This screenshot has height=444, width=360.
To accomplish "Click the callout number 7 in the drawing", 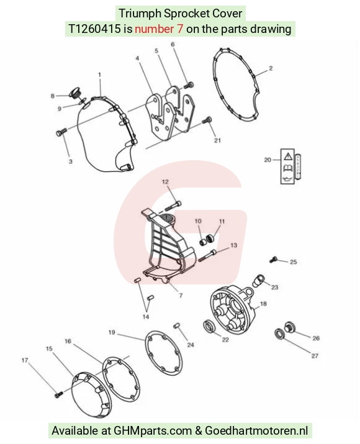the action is [181, 296].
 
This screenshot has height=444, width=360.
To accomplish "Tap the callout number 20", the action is [268, 160].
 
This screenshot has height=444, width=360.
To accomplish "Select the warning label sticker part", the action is [290, 166].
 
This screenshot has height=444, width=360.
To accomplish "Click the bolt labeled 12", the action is [173, 206].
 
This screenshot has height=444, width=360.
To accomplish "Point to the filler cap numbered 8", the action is [75, 93].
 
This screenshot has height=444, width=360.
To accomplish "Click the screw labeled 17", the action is [58, 394].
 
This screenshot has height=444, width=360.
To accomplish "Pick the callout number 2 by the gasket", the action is [271, 68].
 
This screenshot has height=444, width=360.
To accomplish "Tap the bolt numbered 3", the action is [61, 132].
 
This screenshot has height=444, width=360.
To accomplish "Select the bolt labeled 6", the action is [189, 84].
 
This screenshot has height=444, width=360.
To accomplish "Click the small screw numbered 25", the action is [273, 259].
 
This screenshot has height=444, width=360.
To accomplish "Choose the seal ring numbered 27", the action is [279, 333].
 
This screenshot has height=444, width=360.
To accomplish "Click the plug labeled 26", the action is [289, 327].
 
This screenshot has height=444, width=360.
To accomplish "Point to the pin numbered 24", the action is [177, 325].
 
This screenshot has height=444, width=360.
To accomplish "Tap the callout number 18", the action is [263, 304].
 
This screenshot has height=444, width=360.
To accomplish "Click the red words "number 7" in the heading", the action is [159, 29].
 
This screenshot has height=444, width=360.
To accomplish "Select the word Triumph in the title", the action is [140, 13].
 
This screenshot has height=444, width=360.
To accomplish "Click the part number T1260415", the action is [94, 29].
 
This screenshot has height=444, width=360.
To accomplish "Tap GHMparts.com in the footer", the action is [153, 431].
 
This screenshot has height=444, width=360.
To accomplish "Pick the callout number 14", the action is [145, 317].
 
